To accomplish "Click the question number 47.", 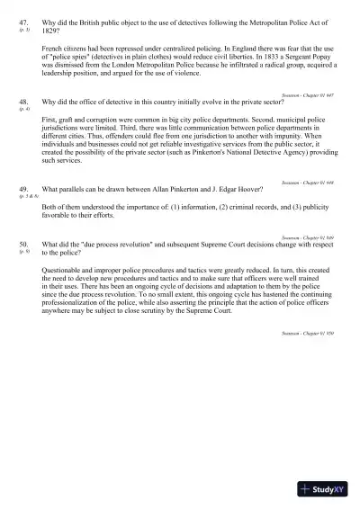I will [23, 21].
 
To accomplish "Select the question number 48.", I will [23, 102].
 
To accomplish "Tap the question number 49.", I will [23, 190].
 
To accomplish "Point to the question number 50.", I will [23, 245].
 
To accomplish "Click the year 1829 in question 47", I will [52, 29].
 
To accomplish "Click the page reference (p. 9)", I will [23, 253].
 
